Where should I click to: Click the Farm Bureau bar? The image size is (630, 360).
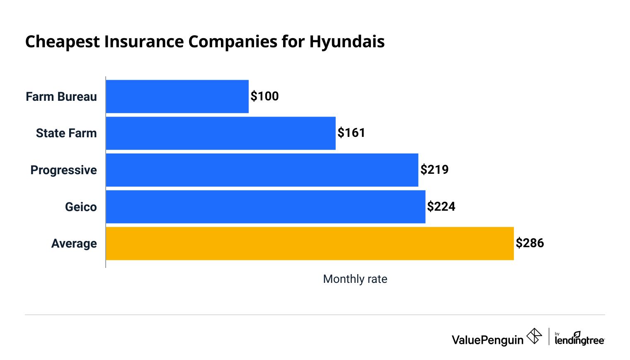[177, 96]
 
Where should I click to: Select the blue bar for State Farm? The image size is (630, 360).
[220, 133]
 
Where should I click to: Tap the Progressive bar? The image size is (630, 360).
[262, 170]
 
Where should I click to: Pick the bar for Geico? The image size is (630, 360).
[265, 207]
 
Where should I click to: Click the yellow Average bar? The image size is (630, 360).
[310, 243]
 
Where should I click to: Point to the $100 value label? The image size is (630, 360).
[264, 96]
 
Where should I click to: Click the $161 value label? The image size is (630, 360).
[351, 133]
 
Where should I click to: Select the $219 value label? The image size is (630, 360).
[434, 170]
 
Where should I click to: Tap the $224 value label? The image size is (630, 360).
[441, 207]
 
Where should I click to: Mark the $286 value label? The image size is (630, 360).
[530, 243]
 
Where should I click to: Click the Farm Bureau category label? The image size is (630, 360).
[61, 97]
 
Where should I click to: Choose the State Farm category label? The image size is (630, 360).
[66, 133]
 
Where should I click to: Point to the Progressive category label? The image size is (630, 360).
[63, 170]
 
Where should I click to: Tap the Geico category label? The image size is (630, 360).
[81, 207]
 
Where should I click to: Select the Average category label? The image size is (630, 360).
[74, 243]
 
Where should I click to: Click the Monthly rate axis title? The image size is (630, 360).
[355, 279]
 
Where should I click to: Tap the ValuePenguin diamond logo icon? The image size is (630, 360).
[534, 336]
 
